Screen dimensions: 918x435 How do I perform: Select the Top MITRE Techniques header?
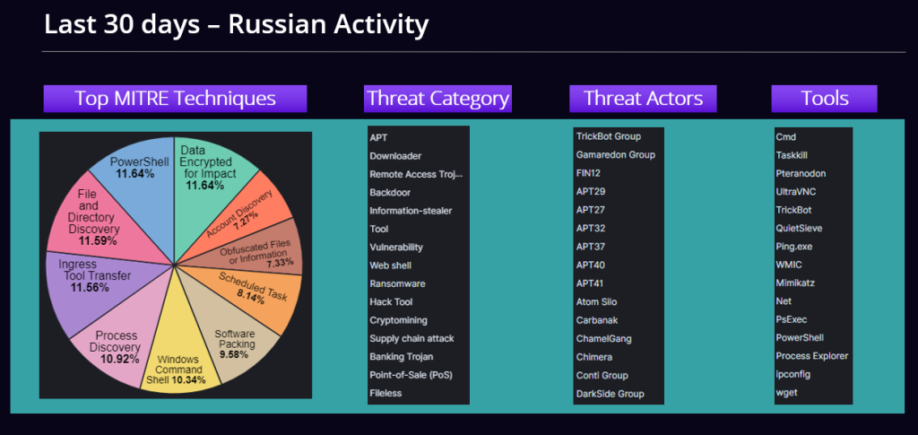[x=175, y=99]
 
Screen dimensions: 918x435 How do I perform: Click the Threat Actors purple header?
[x=643, y=99]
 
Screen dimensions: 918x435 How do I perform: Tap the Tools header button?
[x=825, y=99]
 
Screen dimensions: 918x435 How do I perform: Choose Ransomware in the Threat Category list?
[x=397, y=284]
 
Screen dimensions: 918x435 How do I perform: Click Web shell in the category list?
[x=391, y=265]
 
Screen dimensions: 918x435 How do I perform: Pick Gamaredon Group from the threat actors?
[x=615, y=155]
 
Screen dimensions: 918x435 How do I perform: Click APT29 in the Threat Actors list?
[x=591, y=191]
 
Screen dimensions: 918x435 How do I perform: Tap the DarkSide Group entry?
[x=610, y=394]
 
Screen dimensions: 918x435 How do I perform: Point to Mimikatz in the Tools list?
[x=795, y=283]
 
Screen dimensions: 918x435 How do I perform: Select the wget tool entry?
[x=786, y=393]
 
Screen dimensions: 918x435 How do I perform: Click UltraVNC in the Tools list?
[x=796, y=191]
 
